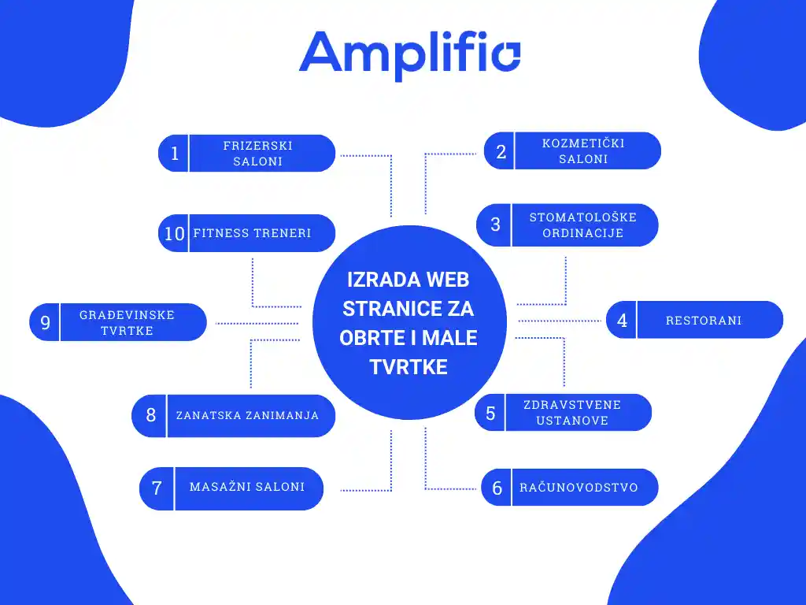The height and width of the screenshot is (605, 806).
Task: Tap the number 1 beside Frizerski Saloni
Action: [x=175, y=154]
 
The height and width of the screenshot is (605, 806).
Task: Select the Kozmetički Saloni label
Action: [x=583, y=151]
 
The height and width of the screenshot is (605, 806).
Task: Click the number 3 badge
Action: [x=495, y=225]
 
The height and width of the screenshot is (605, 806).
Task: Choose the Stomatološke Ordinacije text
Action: [x=582, y=225]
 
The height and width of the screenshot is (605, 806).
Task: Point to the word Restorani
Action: [x=704, y=321]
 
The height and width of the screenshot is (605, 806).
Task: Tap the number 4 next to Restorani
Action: [x=622, y=321]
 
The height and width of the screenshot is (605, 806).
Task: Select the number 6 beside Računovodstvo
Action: [x=497, y=488]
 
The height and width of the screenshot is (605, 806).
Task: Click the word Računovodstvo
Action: [x=579, y=488]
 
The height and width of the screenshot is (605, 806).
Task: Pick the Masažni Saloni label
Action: [x=247, y=487]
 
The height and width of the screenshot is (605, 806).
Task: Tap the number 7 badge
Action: [x=157, y=488]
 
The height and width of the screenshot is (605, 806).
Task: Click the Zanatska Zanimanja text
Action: [x=247, y=415]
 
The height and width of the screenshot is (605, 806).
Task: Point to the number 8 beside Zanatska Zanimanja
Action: [x=150, y=415]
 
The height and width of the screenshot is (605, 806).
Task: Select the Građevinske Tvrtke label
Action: [x=127, y=322]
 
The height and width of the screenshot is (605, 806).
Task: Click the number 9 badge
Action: [x=45, y=322]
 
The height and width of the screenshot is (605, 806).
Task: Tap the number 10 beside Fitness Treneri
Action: [x=174, y=233]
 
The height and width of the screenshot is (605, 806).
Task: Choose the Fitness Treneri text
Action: [x=253, y=233]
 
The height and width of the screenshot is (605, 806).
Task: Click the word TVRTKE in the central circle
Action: [x=409, y=367]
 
